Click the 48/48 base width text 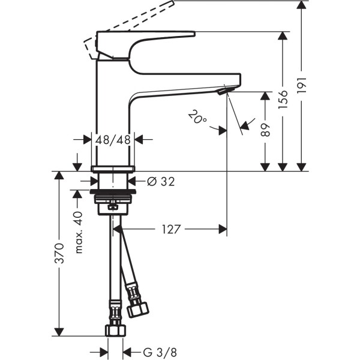(113, 140)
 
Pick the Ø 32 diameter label (160, 181)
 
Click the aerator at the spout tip (224, 91)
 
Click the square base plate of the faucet (113, 168)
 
